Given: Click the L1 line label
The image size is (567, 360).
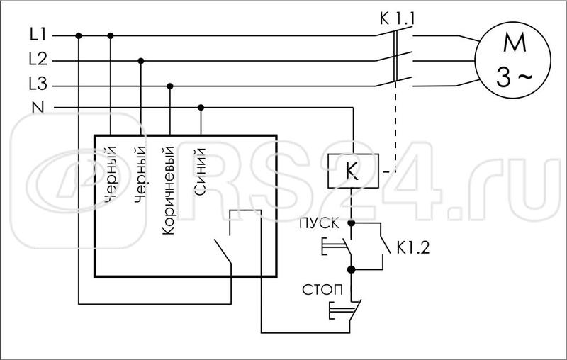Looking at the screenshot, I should pyautogui.click(x=38, y=34).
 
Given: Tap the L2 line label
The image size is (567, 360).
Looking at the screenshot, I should pyautogui.click(x=38, y=60).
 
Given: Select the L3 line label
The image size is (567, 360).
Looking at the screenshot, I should pyautogui.click(x=38, y=86).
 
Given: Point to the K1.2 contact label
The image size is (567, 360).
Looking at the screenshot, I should pyautogui.click(x=414, y=248).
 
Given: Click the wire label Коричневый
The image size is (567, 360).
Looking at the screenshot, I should pyautogui.click(x=169, y=191).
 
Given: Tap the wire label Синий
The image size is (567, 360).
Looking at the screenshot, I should pyautogui.click(x=200, y=171).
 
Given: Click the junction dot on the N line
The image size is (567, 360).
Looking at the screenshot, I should pyautogui.click(x=201, y=108).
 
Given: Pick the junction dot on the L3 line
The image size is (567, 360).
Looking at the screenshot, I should pyautogui.click(x=169, y=86).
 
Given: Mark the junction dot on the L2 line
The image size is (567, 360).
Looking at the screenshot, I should pyautogui.click(x=140, y=61).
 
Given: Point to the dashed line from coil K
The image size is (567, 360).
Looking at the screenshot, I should pyautogui.click(x=394, y=128).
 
